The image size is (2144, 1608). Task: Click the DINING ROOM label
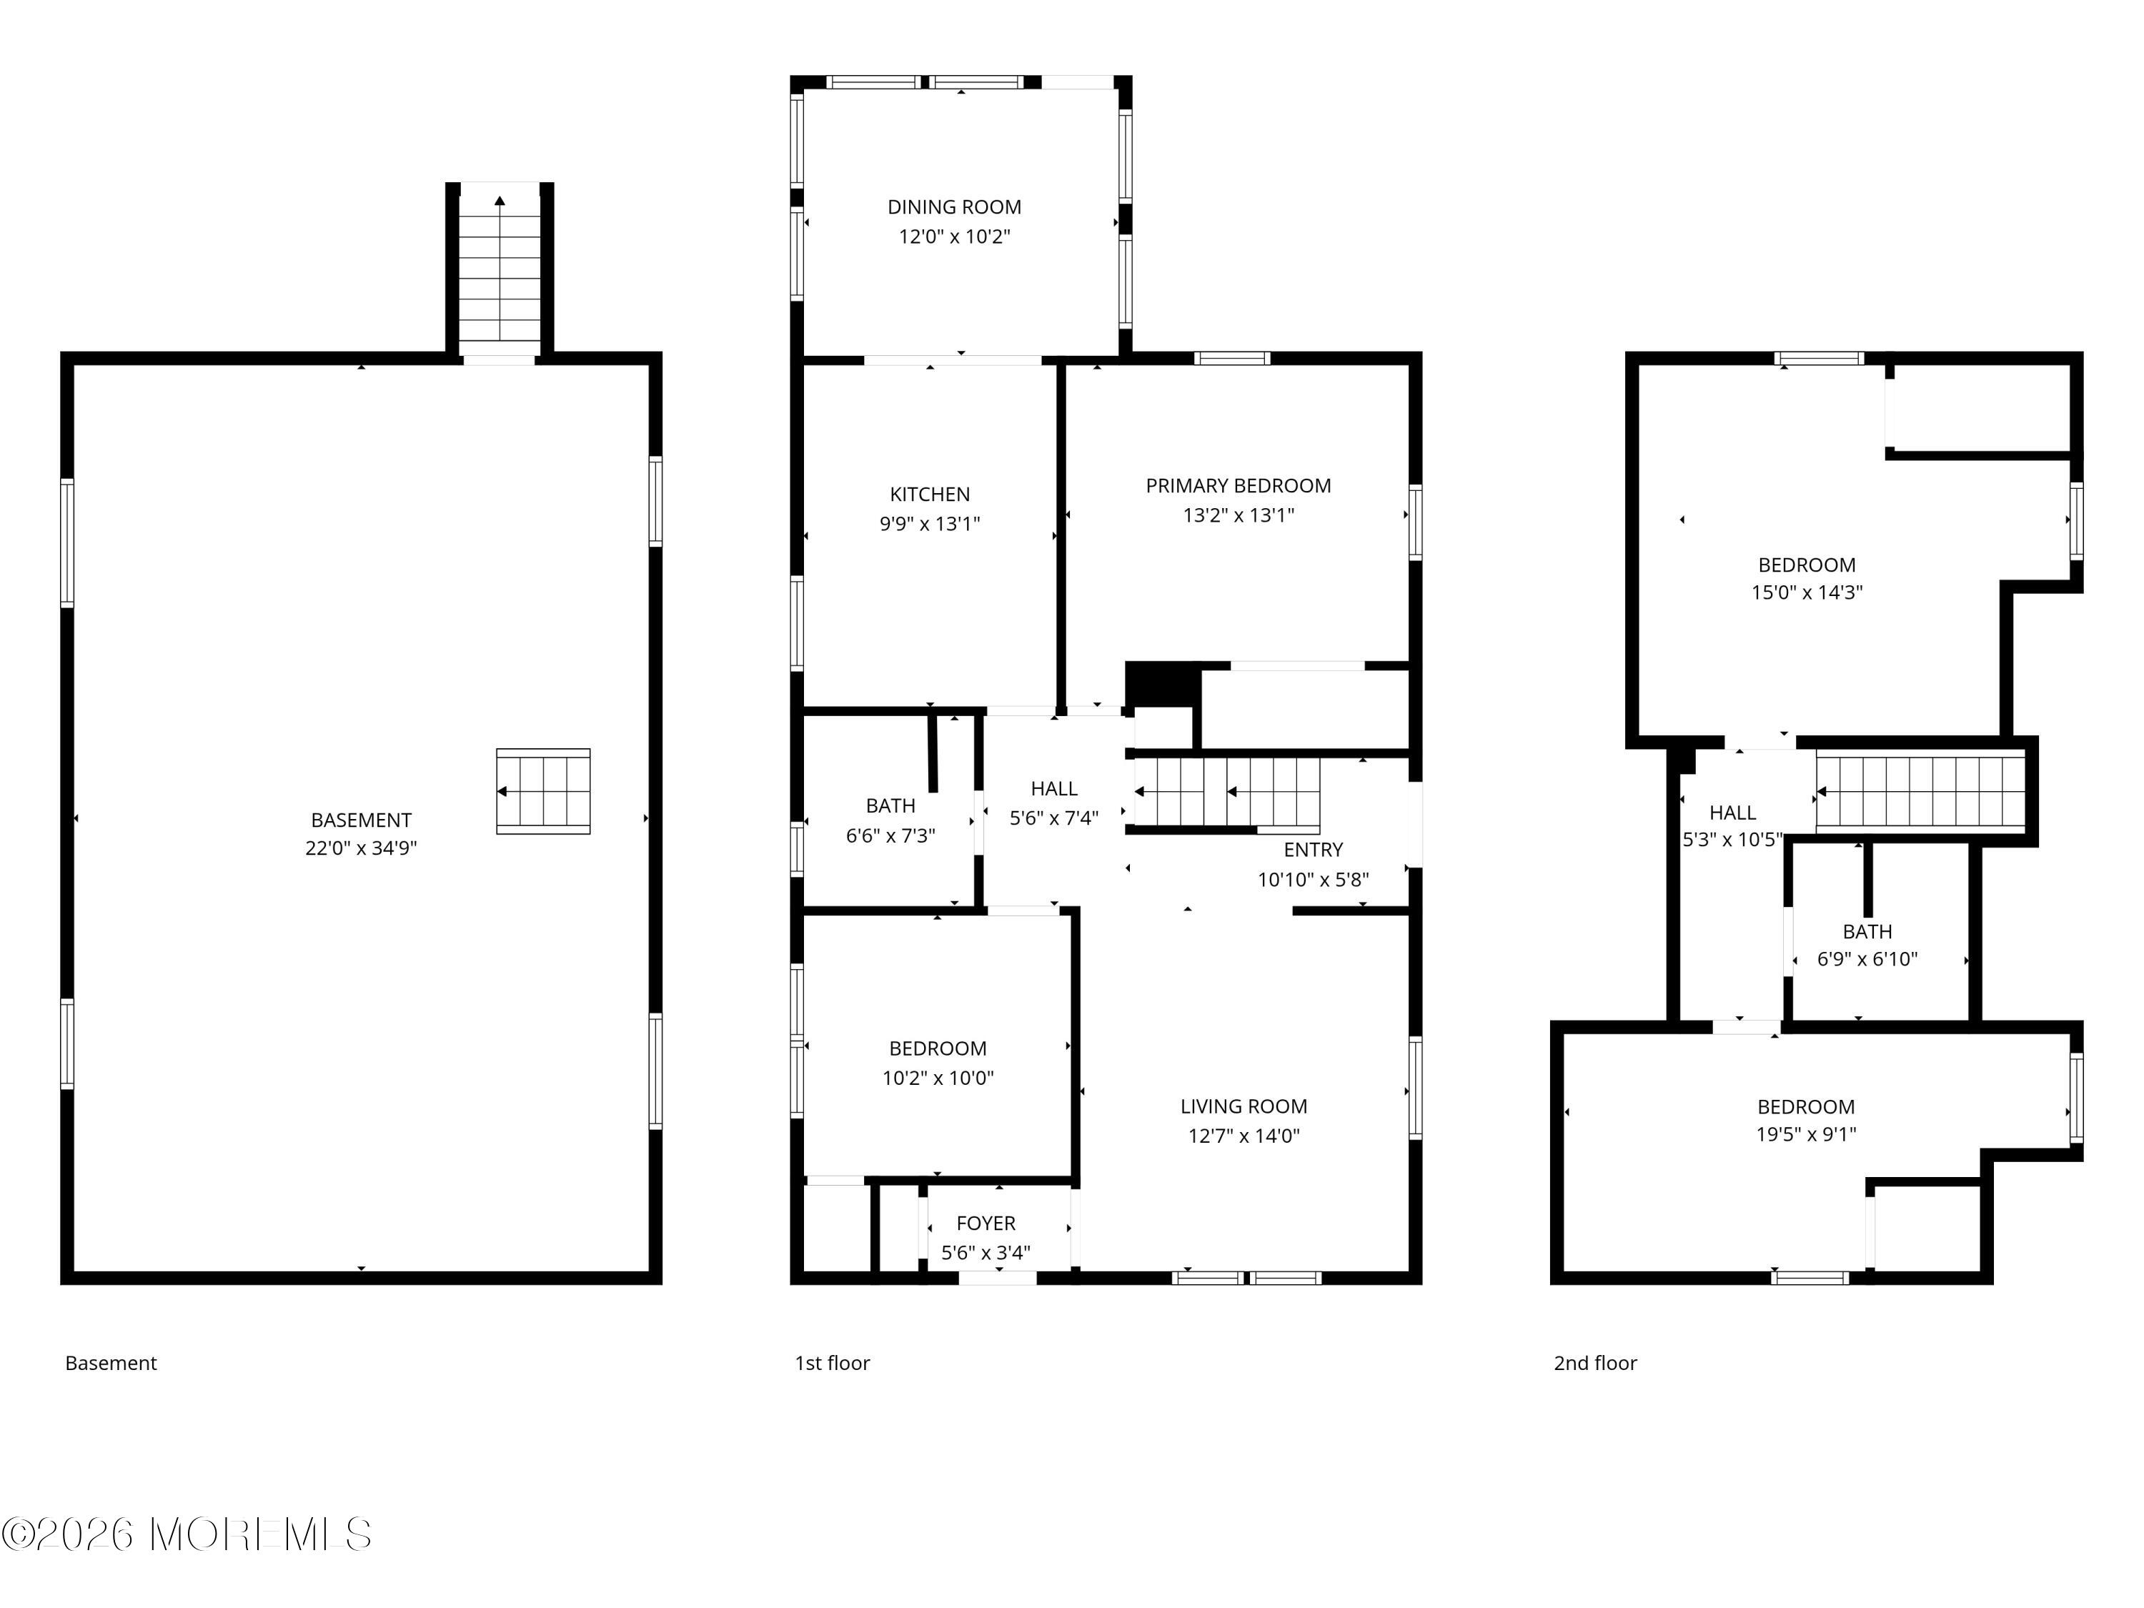click(x=954, y=207)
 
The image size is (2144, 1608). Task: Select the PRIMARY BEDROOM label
click(x=1238, y=485)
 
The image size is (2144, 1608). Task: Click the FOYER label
click(x=986, y=1224)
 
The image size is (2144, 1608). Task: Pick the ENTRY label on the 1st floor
click(x=1314, y=850)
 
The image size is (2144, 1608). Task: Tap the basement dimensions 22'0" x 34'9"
click(x=361, y=848)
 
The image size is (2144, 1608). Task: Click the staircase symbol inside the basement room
click(x=542, y=791)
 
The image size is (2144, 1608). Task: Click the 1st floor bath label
click(x=890, y=806)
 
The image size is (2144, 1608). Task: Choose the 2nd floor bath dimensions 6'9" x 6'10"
click(x=1867, y=960)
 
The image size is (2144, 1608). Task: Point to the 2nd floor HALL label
click(x=1732, y=813)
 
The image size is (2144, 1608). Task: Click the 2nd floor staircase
click(x=1920, y=793)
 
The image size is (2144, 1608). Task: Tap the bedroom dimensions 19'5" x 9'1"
click(x=1806, y=1134)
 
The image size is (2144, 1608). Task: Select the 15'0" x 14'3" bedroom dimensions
click(x=1807, y=592)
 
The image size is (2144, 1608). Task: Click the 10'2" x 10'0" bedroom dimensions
click(x=937, y=1078)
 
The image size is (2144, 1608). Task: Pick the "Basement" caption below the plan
click(x=111, y=1363)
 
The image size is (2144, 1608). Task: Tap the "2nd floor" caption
click(x=1595, y=1363)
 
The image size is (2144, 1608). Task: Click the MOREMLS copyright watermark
click(x=186, y=1534)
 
